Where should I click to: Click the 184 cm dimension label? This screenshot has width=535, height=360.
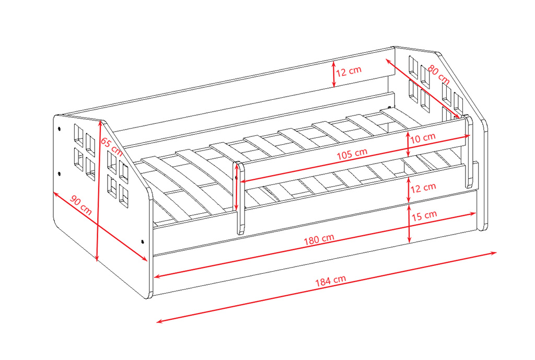click(x=330, y=281)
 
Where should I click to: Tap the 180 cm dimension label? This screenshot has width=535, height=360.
click(x=319, y=239)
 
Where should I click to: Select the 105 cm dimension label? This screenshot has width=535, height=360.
click(x=352, y=154)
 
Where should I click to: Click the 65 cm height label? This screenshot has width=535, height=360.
click(x=111, y=146)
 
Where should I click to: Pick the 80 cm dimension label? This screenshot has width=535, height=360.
click(x=439, y=75)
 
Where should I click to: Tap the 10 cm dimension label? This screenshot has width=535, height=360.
click(x=423, y=138)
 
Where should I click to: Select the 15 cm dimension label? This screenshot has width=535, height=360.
click(x=424, y=216)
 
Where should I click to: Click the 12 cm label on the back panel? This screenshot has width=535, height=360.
click(x=348, y=71)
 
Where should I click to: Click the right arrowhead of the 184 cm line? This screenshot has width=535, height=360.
click(x=494, y=253)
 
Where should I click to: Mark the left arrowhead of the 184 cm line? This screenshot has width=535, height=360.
click(x=159, y=321)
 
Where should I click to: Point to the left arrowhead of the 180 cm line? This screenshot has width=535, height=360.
click(x=157, y=276)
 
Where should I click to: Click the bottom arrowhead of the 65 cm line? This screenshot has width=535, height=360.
click(x=97, y=258)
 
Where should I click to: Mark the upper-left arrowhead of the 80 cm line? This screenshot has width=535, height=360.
click(x=389, y=61)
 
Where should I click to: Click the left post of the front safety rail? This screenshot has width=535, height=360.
click(x=241, y=198)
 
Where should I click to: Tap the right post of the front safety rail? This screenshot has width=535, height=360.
click(x=469, y=152)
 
